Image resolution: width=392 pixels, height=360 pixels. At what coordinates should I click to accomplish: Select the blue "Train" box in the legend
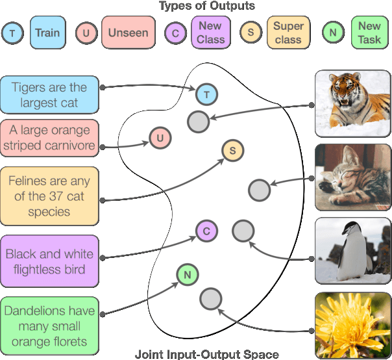(47, 33)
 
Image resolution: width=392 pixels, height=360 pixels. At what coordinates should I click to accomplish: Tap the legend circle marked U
(86, 33)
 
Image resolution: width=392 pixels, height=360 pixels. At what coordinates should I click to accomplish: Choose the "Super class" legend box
(288, 33)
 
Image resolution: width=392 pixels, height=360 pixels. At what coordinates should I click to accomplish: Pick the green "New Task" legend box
(369, 33)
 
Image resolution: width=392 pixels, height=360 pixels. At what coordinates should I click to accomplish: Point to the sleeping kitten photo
(352, 177)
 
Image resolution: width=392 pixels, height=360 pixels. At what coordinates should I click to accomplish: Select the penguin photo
(352, 251)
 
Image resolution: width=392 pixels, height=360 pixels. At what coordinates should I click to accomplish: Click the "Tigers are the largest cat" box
(49, 94)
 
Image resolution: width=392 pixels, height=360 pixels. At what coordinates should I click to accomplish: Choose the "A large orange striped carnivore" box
(49, 138)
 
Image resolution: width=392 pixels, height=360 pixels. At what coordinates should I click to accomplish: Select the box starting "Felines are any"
(49, 196)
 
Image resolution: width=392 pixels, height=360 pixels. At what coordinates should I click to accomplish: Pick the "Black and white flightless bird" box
(49, 261)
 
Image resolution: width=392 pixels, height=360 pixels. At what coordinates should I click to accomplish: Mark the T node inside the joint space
(206, 95)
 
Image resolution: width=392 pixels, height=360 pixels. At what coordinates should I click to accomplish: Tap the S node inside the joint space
(232, 151)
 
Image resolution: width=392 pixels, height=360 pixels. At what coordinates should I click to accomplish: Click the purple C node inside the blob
(206, 230)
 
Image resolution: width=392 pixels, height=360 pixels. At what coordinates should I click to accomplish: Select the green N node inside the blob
(187, 275)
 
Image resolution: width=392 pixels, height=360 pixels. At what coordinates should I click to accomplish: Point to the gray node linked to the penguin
(243, 230)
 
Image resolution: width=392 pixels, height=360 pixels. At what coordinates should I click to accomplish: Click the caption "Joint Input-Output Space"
(206, 354)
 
